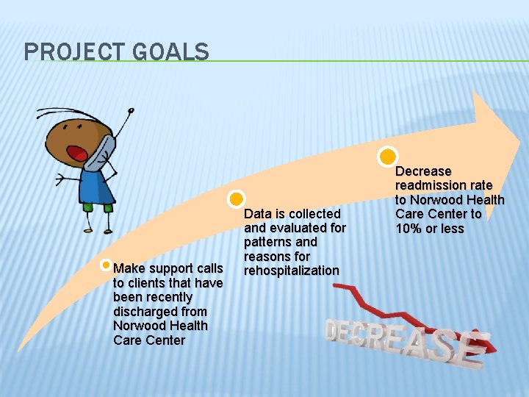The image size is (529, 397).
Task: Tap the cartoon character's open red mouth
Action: (76, 153)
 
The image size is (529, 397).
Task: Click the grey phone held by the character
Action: (102, 151)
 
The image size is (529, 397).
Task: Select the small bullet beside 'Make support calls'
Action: (107, 265)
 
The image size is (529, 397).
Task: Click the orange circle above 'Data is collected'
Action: (236, 198)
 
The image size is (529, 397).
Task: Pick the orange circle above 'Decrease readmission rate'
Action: (387, 156)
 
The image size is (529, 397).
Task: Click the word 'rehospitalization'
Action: (292, 271)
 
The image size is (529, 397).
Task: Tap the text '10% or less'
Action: (430, 229)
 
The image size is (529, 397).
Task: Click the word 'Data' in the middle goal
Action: (257, 214)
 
